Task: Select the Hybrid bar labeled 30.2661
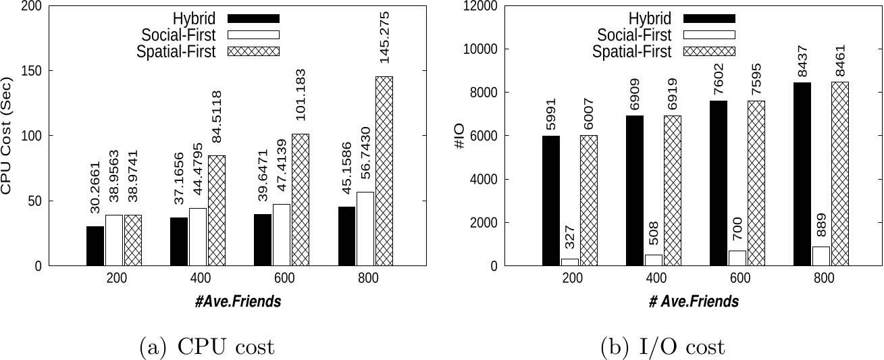pos(95,246)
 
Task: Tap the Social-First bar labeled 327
pos(569,262)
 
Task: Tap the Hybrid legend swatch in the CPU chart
pos(253,18)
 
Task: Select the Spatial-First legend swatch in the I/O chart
pos(709,52)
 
